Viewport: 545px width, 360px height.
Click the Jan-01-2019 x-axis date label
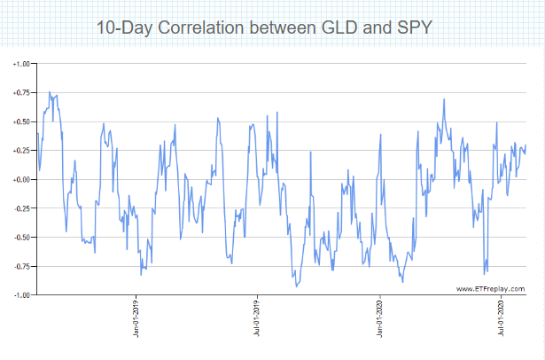(x=136, y=319)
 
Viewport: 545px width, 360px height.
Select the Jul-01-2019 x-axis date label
(x=257, y=319)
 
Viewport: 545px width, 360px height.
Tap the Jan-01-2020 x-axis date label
(x=380, y=319)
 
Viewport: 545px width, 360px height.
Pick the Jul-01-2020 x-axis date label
(x=502, y=319)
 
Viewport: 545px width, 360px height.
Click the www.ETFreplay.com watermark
(x=490, y=288)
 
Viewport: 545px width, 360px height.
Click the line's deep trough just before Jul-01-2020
(x=484, y=273)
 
